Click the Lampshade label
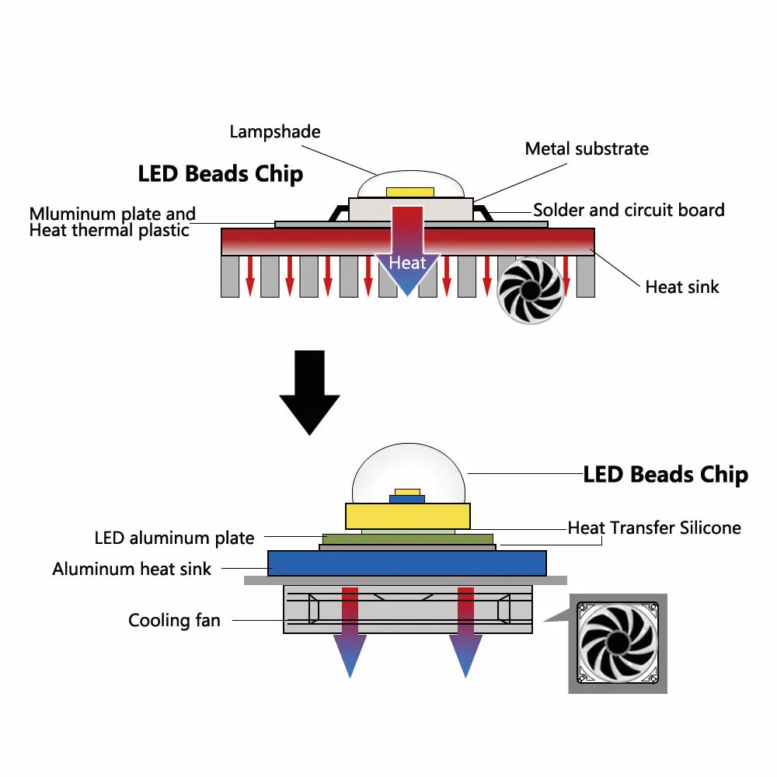275,131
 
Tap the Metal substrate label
587,148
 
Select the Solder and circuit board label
629,210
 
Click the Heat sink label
682,287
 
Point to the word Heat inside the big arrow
407,263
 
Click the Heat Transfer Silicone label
654,528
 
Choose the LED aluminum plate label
174,538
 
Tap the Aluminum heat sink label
131,569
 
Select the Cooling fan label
174,620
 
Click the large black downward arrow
309,393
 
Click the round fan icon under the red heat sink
529,290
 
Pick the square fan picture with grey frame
618,643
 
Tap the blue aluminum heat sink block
406,563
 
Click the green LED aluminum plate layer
408,538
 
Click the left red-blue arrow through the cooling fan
350,629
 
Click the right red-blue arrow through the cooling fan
465,629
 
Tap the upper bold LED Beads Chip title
220,173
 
